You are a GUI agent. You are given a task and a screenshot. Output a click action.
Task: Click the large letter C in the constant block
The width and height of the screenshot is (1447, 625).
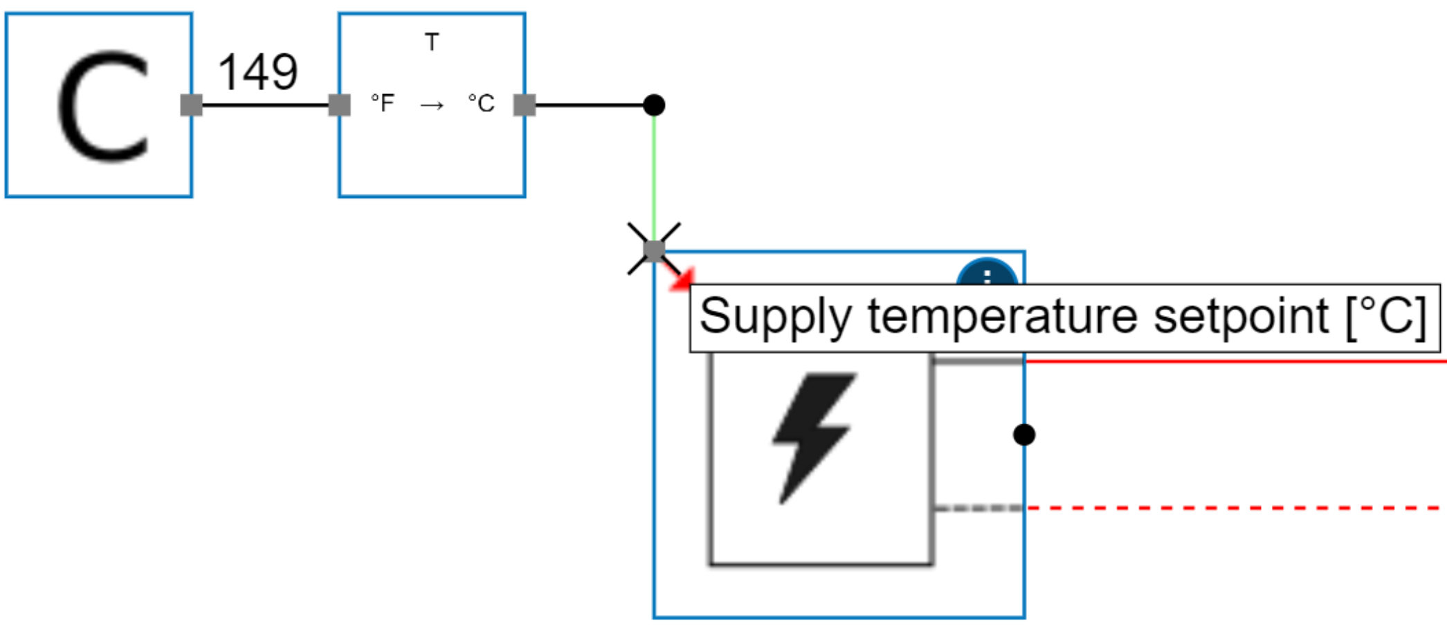(102, 105)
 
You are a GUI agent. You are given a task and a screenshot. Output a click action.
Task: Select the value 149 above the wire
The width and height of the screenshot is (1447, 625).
(257, 72)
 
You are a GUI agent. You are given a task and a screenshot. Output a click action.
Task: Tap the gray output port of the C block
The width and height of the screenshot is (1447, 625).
(191, 105)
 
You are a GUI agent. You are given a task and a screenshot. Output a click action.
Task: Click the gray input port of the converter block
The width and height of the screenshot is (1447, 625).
(339, 105)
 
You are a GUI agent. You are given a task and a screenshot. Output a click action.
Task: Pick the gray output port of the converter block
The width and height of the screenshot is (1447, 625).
(525, 105)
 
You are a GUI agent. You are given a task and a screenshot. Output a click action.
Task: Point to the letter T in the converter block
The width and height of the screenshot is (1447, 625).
(432, 42)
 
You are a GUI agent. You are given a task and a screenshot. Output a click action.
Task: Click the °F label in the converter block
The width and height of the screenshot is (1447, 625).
(383, 104)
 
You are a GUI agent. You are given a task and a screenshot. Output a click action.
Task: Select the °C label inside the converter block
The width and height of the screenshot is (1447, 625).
(482, 104)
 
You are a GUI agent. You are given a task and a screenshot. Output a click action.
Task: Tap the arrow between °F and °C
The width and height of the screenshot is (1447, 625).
(432, 105)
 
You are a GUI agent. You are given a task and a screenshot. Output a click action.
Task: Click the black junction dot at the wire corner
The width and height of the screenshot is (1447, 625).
(654, 105)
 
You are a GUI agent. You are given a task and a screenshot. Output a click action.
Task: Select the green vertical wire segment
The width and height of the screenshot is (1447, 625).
(654, 173)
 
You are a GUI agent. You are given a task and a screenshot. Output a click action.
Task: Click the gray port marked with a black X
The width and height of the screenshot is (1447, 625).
(654, 249)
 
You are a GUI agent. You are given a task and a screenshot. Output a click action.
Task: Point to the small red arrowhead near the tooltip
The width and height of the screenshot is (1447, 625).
(683, 280)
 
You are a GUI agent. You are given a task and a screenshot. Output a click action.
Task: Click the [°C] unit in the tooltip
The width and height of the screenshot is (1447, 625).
(1386, 317)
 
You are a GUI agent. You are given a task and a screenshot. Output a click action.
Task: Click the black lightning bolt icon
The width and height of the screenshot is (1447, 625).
(813, 436)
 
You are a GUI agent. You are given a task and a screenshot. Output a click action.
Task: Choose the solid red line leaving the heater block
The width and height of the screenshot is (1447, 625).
(1232, 361)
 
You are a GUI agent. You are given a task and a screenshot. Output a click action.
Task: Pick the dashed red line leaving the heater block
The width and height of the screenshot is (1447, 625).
(1232, 508)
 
